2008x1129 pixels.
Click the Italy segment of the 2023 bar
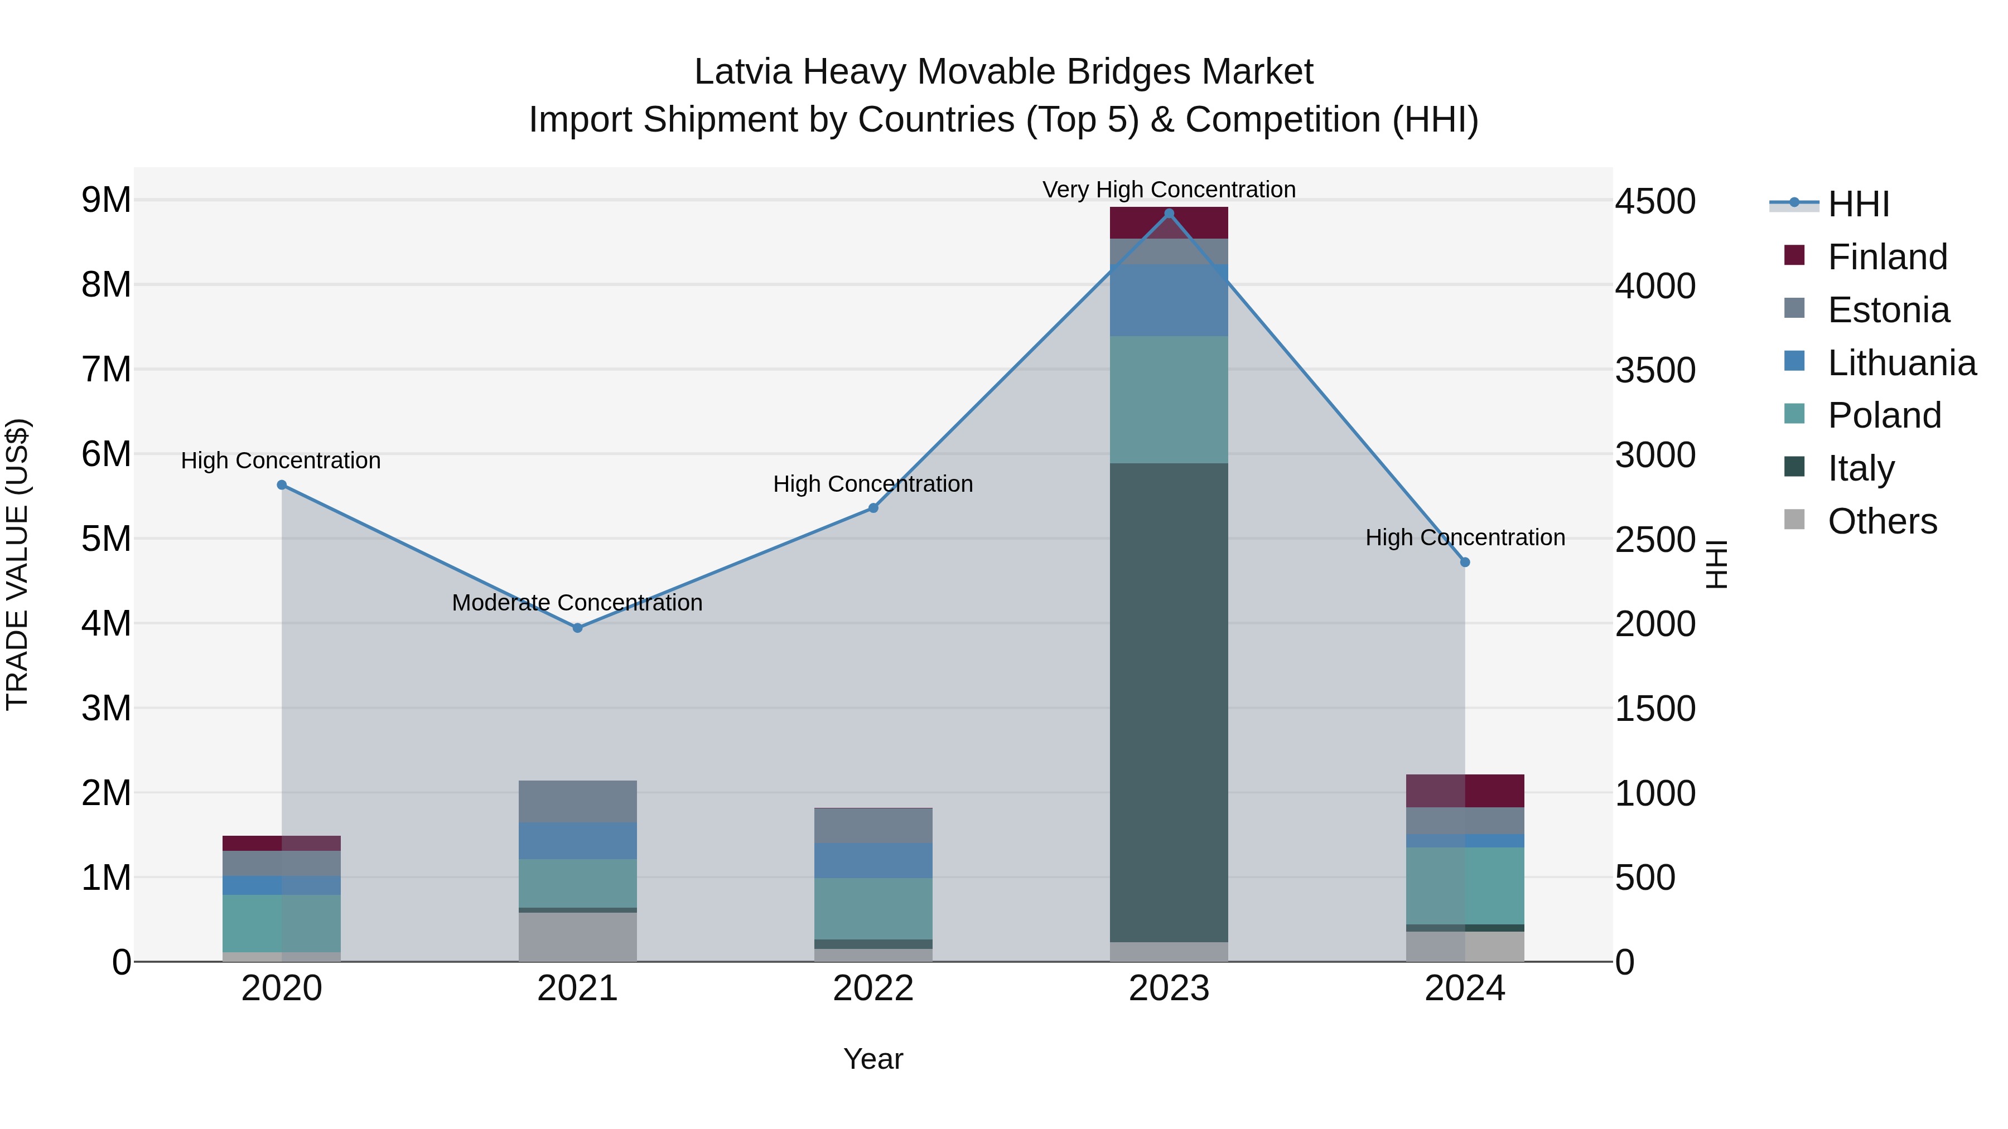(x=1169, y=701)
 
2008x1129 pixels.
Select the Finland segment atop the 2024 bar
(x=1465, y=791)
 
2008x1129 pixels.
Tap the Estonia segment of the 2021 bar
(x=578, y=802)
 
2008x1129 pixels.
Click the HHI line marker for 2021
(x=578, y=628)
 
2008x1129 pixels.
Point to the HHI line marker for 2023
(x=1169, y=214)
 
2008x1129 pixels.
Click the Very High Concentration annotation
(x=1169, y=190)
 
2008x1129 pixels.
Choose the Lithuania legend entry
(x=1901, y=363)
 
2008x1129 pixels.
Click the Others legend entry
(x=1882, y=521)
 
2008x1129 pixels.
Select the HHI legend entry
(x=1859, y=204)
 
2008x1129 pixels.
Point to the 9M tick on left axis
(x=106, y=200)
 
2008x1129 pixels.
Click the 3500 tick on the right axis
(x=1655, y=370)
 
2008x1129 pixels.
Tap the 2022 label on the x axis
(x=873, y=989)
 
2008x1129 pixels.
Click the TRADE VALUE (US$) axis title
(x=17, y=564)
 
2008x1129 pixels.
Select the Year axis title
(x=873, y=1059)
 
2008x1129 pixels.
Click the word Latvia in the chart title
(x=744, y=72)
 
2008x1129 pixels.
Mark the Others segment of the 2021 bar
(x=578, y=937)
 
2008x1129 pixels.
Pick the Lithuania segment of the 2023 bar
(x=1169, y=300)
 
